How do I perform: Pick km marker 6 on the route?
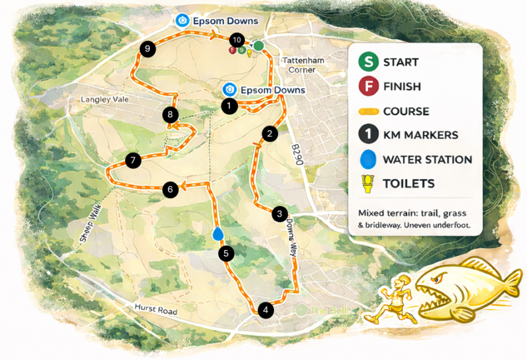[171, 190]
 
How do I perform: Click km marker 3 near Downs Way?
[280, 214]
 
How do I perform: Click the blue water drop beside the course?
[219, 234]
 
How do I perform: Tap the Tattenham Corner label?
[304, 64]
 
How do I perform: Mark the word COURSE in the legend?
[406, 111]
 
